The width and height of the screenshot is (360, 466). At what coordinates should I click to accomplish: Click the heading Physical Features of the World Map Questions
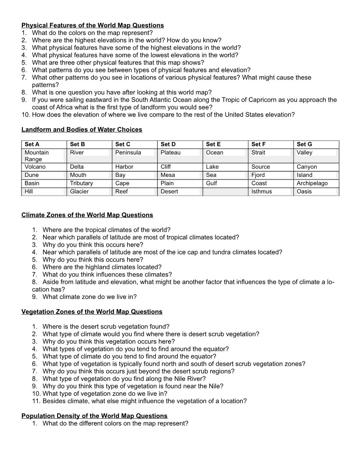[x=92, y=25]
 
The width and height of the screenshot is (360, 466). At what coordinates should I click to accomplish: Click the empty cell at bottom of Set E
[x=225, y=191]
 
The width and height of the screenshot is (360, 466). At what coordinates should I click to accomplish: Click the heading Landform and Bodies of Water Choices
[x=82, y=130]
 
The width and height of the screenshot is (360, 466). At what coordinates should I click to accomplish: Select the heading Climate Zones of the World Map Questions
[x=87, y=215]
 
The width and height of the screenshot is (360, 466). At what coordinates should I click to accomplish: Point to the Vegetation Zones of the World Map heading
[x=92, y=312]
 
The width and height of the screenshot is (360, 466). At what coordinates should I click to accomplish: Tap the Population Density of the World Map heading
[x=94, y=416]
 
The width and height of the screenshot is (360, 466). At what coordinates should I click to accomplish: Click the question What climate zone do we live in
[x=89, y=297]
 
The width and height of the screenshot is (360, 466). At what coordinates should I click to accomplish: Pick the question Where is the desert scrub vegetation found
[x=106, y=327]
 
